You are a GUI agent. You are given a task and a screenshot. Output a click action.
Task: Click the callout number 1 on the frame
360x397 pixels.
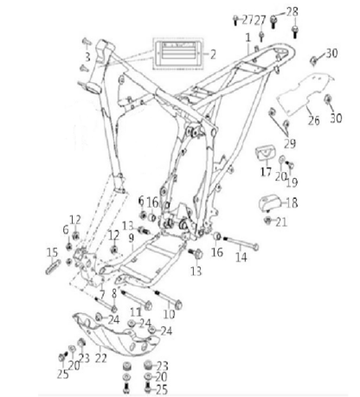point(248,38)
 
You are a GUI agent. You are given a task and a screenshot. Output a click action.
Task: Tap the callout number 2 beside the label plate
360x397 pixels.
point(213,54)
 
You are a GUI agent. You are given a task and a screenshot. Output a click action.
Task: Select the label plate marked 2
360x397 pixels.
point(177,54)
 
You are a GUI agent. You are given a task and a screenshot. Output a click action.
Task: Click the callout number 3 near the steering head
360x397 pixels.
point(87,57)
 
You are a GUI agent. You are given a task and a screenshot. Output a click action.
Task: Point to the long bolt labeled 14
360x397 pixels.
point(240,242)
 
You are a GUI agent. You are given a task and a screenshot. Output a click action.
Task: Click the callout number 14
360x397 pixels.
point(241,257)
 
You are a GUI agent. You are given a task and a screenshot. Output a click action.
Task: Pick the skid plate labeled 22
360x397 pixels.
point(117,335)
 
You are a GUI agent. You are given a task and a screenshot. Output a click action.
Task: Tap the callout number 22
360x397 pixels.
point(101,358)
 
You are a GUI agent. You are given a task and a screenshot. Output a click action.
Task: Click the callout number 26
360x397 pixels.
point(313,120)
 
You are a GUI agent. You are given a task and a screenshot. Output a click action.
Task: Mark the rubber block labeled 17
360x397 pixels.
point(266,155)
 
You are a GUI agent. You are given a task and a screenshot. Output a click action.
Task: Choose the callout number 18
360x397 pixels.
point(292,202)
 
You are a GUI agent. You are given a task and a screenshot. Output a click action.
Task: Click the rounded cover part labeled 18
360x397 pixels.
point(269,204)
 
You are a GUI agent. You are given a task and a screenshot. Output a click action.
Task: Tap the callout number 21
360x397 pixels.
point(281,222)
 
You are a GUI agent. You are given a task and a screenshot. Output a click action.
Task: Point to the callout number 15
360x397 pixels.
point(52,253)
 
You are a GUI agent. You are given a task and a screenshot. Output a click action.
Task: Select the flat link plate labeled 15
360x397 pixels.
point(53,267)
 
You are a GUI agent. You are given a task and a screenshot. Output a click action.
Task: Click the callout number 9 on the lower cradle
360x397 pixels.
point(132,238)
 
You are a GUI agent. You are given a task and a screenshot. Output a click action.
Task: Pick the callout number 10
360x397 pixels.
point(169,314)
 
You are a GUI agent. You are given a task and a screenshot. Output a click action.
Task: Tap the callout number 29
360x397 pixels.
point(290,144)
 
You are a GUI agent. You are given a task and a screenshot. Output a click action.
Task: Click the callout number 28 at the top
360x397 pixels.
point(292,12)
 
